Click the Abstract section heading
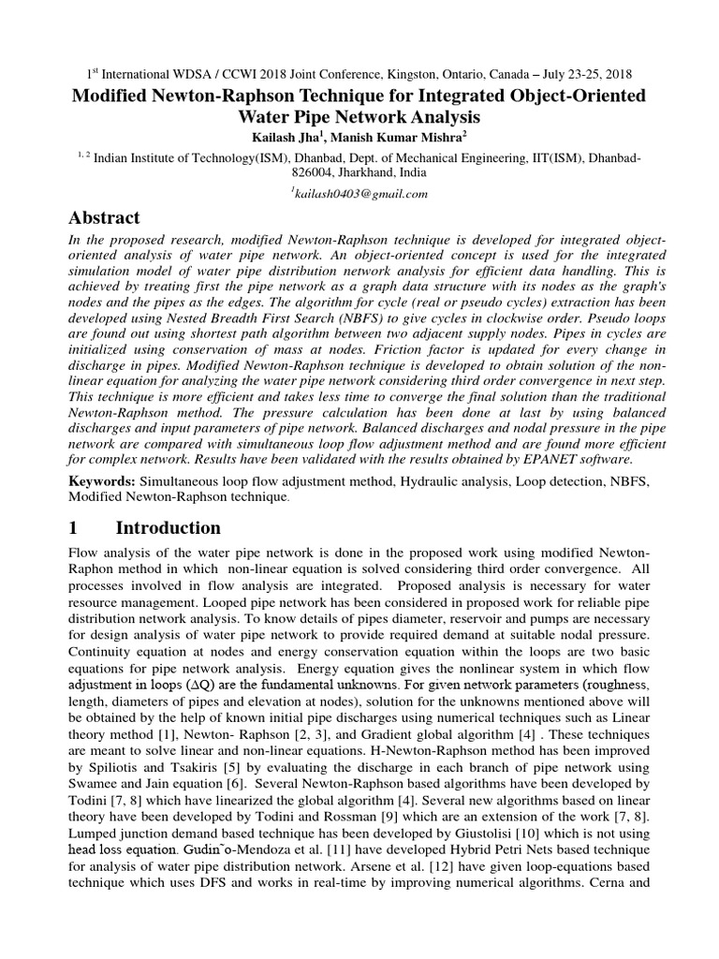pyautogui.click(x=104, y=217)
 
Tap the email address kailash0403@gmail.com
pyautogui.click(x=359, y=194)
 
